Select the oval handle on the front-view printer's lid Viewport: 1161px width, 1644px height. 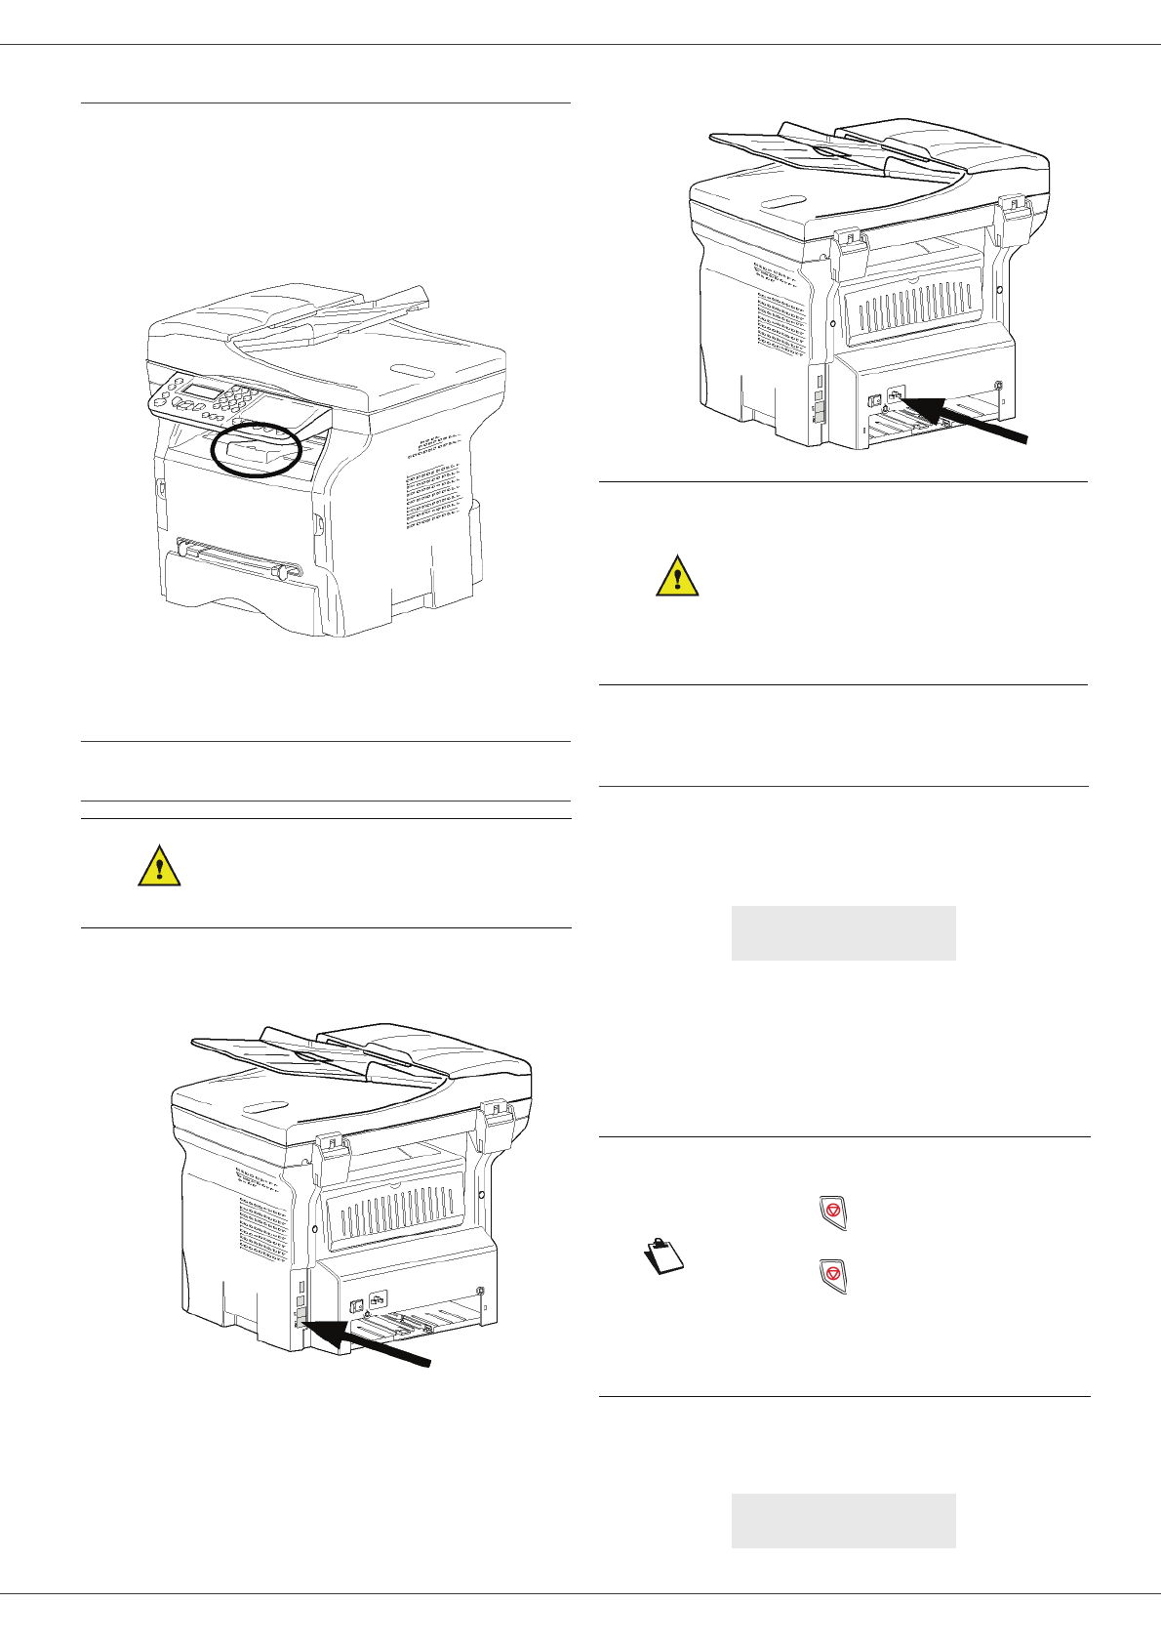(410, 369)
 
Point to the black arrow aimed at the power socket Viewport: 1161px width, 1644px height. (966, 418)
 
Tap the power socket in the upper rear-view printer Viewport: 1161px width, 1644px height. (897, 396)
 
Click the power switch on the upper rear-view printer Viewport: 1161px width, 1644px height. (874, 399)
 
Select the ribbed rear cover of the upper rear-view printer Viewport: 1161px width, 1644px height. (913, 307)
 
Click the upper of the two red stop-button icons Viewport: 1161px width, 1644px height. (832, 1211)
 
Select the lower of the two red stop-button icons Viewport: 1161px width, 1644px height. (832, 1276)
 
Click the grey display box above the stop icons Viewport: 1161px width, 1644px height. (843, 933)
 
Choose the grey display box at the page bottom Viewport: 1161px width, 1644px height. (843, 1520)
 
